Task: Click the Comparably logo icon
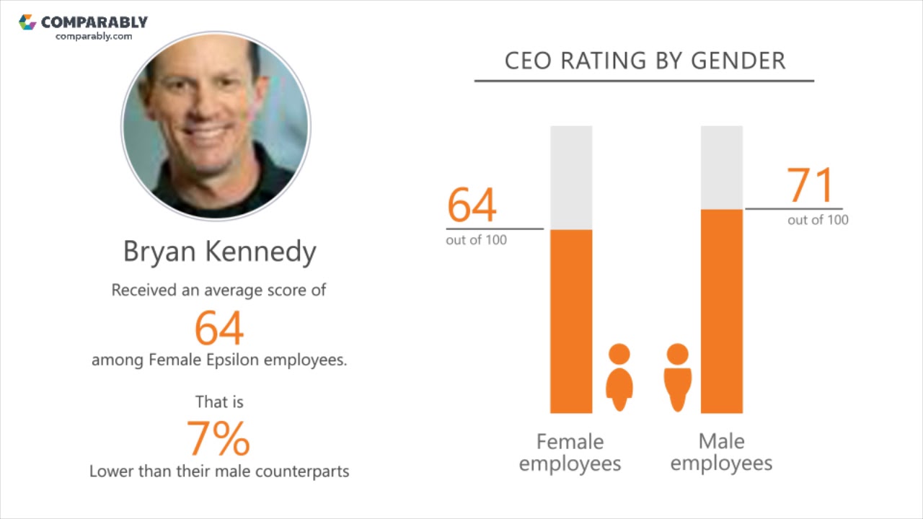tap(27, 22)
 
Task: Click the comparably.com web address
tap(94, 36)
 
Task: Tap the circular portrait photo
tap(216, 125)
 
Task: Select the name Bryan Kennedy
tap(219, 252)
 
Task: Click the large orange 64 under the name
tap(219, 328)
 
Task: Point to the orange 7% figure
tap(218, 438)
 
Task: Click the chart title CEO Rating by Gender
tap(644, 61)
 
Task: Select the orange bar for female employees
tap(571, 321)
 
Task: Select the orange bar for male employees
tap(721, 311)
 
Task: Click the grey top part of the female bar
tap(571, 177)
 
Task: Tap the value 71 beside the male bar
tap(810, 185)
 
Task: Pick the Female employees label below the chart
tap(570, 452)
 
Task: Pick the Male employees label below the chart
tap(721, 452)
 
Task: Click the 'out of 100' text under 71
tap(818, 220)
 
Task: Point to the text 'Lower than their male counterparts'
tap(219, 471)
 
